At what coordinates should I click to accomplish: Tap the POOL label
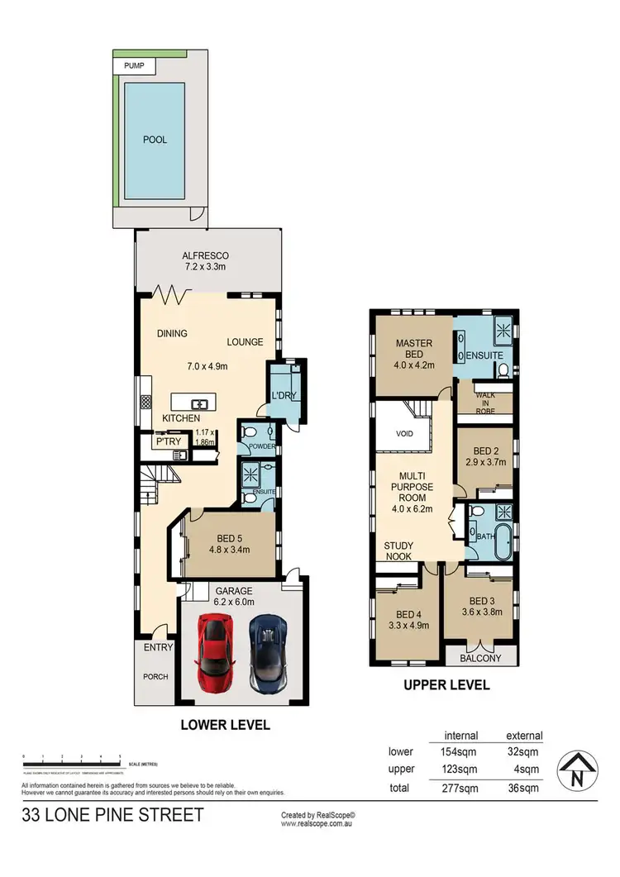pos(155,140)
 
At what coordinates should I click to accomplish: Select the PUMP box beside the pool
pos(133,64)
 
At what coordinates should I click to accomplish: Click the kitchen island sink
pos(199,404)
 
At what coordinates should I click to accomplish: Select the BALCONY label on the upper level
pos(480,658)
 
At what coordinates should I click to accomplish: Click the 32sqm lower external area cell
pos(524,752)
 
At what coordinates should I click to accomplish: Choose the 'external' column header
pos(524,735)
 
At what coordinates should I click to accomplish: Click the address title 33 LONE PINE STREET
pos(112,816)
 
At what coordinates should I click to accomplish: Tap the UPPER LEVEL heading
pos(446,684)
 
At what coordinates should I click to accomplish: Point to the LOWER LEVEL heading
pos(226,725)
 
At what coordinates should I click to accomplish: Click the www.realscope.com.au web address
pos(318,824)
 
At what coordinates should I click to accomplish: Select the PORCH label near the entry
pos(155,676)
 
